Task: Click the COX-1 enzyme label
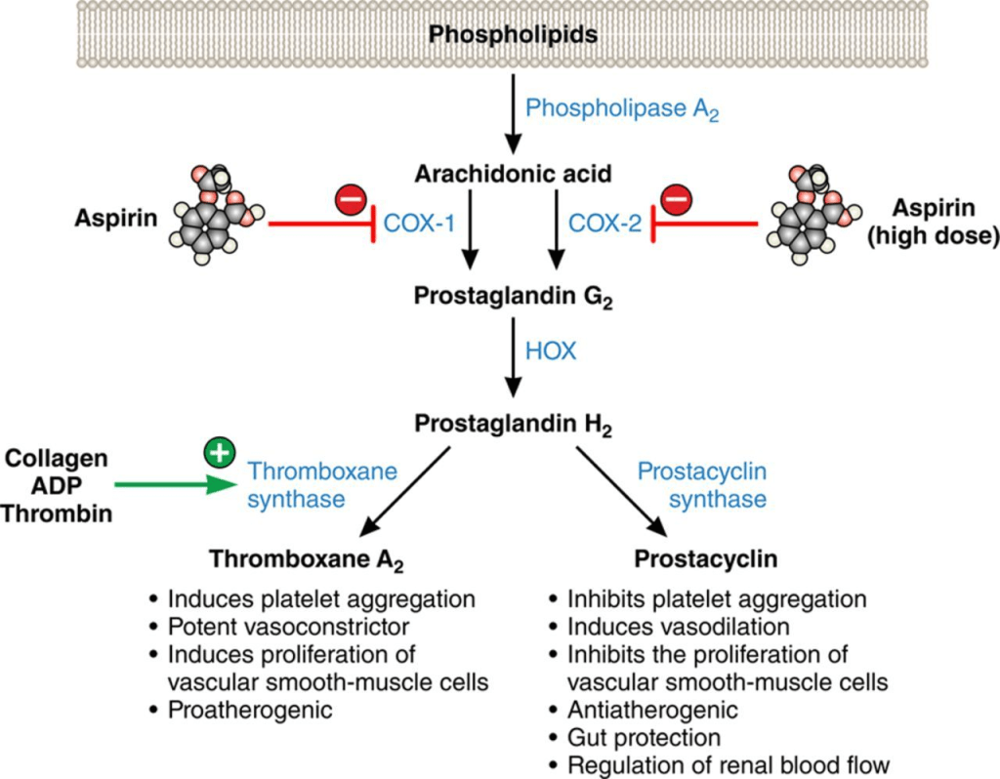(x=422, y=224)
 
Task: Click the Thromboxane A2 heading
(x=307, y=560)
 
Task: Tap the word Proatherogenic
(x=250, y=710)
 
